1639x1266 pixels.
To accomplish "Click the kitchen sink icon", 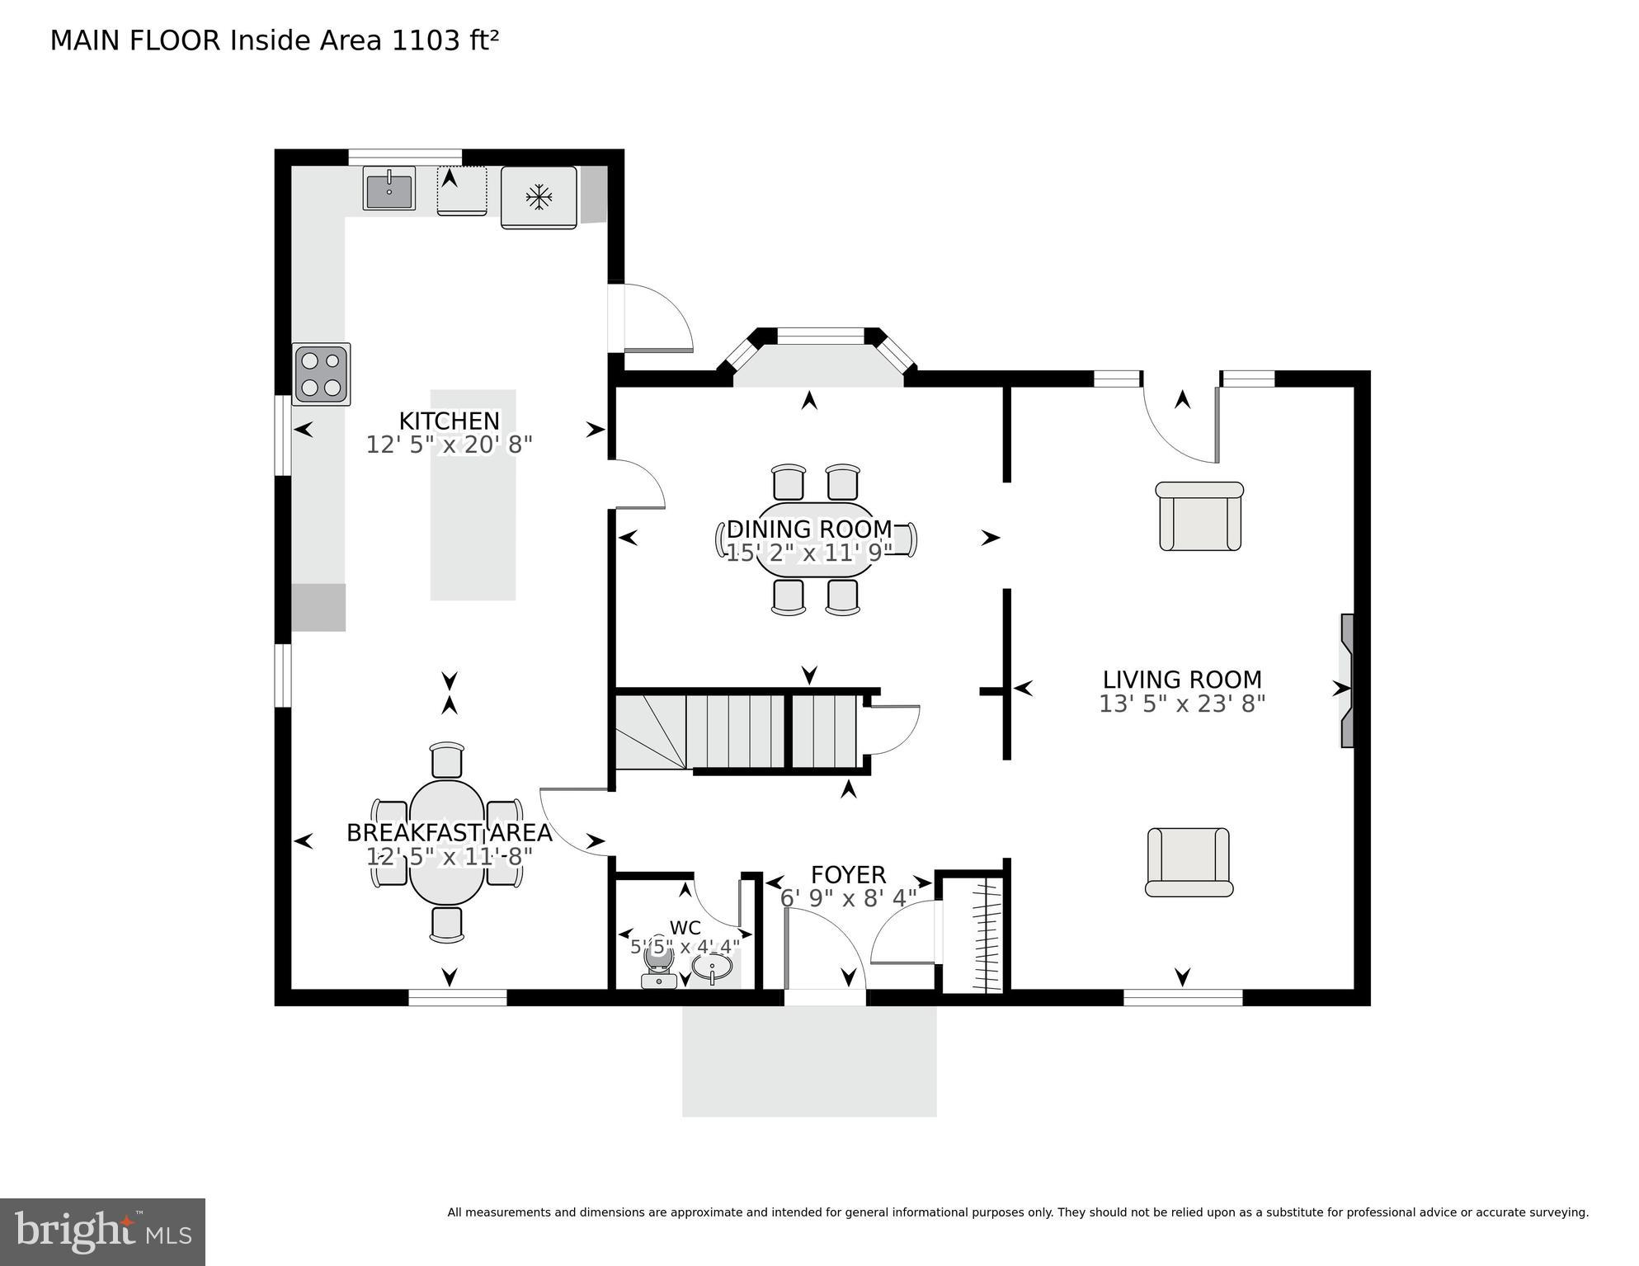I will (x=389, y=189).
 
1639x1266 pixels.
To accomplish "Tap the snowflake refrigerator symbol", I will (x=539, y=197).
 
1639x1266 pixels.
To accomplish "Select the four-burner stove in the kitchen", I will (x=322, y=374).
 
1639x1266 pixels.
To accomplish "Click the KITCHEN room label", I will (x=450, y=421).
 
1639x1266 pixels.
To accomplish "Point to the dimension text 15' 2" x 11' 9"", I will (x=808, y=553).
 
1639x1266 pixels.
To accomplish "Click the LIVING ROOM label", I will (x=1182, y=680).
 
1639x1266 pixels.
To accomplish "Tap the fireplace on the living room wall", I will (x=1346, y=680).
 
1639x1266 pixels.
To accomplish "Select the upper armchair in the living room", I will (x=1200, y=517).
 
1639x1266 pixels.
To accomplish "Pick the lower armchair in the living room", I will (x=1189, y=863).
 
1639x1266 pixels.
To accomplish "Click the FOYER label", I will (x=848, y=874).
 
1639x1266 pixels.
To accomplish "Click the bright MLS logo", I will (x=102, y=1232).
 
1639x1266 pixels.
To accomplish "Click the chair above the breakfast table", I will (x=447, y=760).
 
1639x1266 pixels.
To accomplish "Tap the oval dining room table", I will (x=816, y=540).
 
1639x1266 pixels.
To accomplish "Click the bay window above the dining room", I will (x=820, y=337).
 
